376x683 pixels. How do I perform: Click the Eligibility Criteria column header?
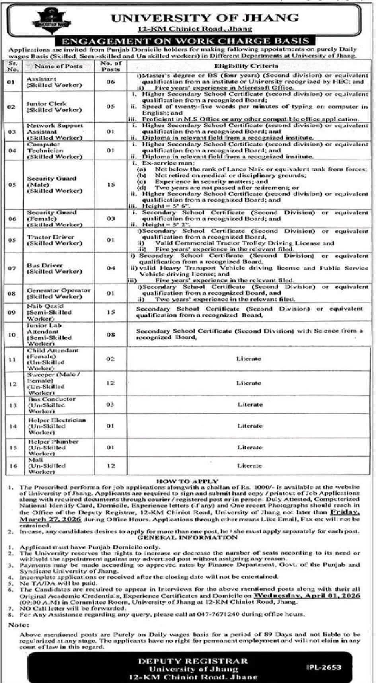(246, 66)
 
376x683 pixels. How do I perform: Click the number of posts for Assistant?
(110, 82)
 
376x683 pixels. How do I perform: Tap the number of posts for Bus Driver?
(110, 268)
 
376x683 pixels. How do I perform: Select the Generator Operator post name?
(58, 293)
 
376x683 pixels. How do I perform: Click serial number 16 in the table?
(13, 466)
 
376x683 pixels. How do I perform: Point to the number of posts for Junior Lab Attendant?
(110, 335)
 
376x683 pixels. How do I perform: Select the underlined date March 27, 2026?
(51, 520)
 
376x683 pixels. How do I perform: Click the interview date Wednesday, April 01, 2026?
(307, 595)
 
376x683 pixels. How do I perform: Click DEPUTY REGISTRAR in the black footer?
(193, 661)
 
